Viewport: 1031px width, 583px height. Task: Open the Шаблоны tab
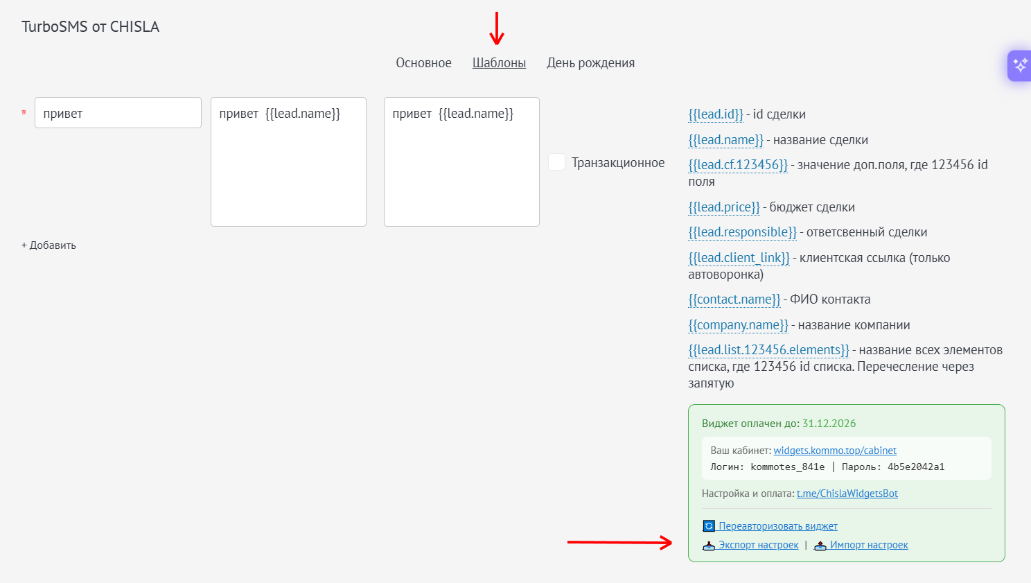(499, 62)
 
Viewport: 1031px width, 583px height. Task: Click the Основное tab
(423, 62)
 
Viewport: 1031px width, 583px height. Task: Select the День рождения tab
(590, 62)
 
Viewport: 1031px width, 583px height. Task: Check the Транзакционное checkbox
(556, 162)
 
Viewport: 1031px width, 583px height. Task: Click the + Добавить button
(49, 245)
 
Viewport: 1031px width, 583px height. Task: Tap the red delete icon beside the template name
(24, 112)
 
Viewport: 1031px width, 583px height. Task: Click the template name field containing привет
(118, 112)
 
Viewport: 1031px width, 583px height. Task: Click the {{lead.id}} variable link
(715, 114)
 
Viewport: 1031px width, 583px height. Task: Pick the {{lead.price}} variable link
(723, 207)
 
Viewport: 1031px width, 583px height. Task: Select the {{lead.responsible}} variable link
(742, 232)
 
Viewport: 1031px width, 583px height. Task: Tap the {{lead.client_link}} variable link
(739, 258)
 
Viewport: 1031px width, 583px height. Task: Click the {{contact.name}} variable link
(734, 299)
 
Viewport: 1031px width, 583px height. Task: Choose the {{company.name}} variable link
(738, 325)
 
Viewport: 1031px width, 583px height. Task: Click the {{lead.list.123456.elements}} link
(768, 350)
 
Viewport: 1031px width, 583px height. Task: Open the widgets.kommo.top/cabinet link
(834, 451)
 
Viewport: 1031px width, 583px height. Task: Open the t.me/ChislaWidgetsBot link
(847, 494)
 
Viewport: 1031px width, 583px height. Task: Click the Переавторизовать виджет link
(770, 526)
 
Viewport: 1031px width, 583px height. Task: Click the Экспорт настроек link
(750, 545)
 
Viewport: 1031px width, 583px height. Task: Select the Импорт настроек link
(861, 545)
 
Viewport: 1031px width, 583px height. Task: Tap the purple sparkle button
(1019, 65)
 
